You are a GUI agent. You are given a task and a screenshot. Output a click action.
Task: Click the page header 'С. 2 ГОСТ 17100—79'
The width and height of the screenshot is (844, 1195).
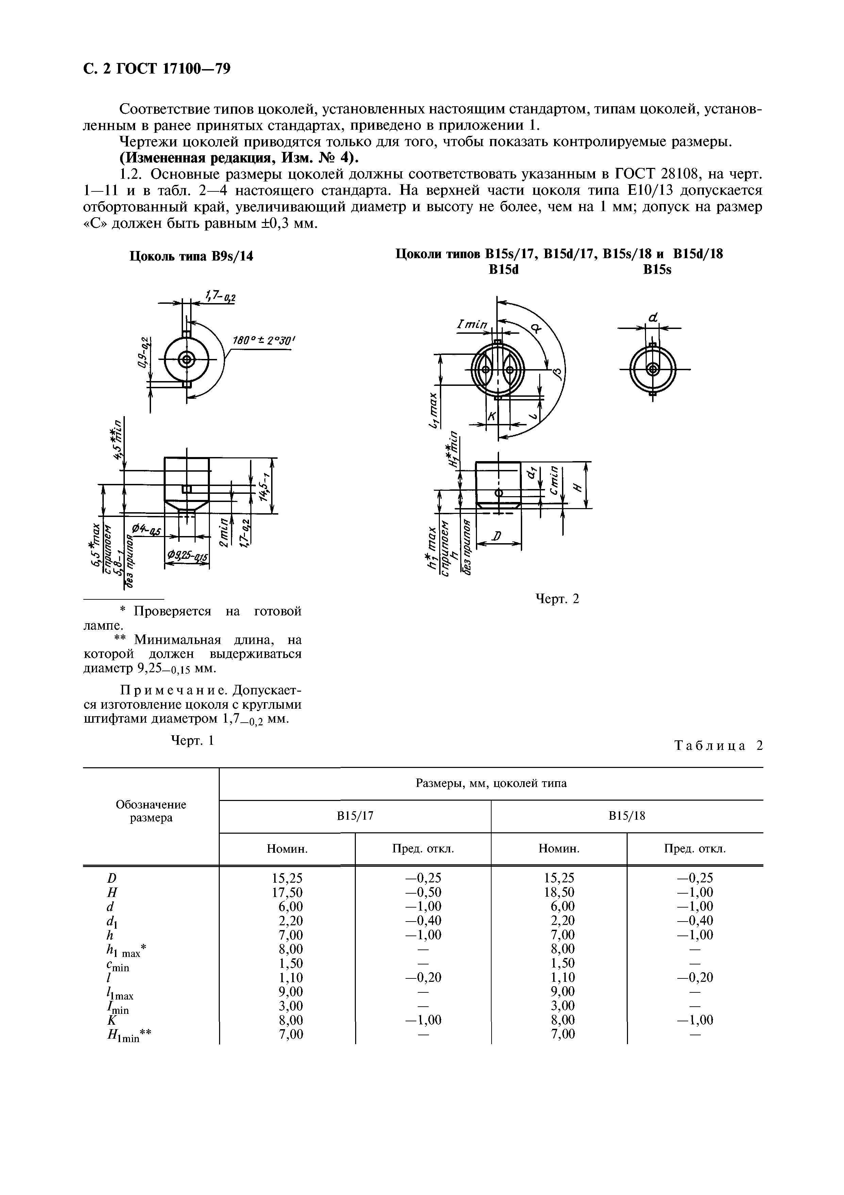tap(156, 69)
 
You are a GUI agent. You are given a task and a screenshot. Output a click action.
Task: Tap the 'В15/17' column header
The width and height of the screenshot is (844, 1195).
tap(355, 816)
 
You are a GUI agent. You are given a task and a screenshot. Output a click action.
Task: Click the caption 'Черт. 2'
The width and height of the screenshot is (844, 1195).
tap(557, 599)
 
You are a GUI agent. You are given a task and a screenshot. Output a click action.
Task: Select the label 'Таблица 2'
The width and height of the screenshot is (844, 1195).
tap(718, 746)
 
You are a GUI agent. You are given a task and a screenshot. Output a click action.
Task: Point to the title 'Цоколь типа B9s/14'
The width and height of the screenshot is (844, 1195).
tap(191, 256)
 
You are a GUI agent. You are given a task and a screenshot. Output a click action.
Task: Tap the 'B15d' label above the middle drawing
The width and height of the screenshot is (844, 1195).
tap(504, 270)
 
